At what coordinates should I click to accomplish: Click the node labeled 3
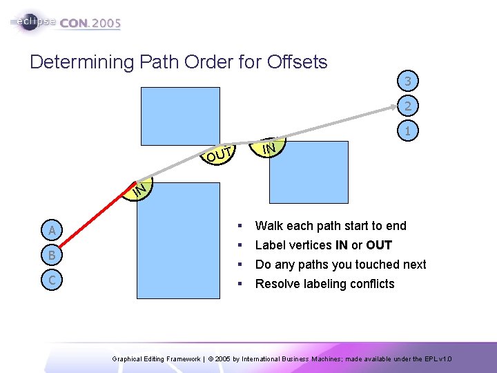(x=408, y=82)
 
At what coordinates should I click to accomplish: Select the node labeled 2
(x=408, y=106)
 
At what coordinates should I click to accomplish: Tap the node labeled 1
(x=408, y=131)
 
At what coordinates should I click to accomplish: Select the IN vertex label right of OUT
(x=269, y=147)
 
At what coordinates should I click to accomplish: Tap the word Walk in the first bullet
(x=269, y=226)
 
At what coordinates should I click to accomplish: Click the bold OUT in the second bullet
(x=379, y=245)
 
